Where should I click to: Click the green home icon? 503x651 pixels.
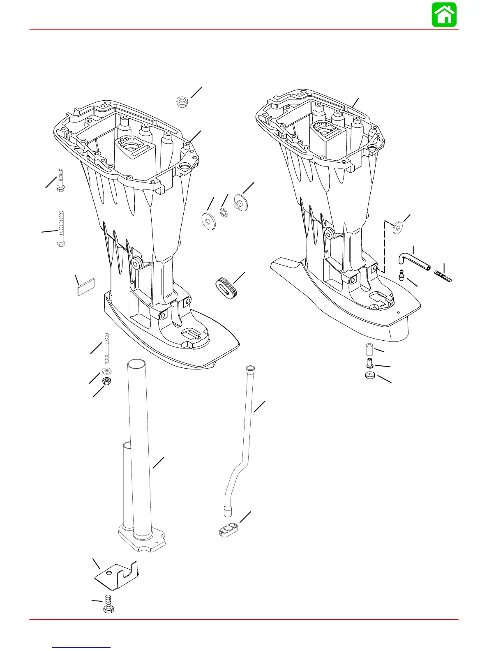coord(444,15)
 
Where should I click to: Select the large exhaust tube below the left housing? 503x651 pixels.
coord(140,452)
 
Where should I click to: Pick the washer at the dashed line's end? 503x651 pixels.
coord(398,226)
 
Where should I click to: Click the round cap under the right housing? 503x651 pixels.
coord(371,375)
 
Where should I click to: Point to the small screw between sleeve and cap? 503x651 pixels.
coord(370,362)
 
